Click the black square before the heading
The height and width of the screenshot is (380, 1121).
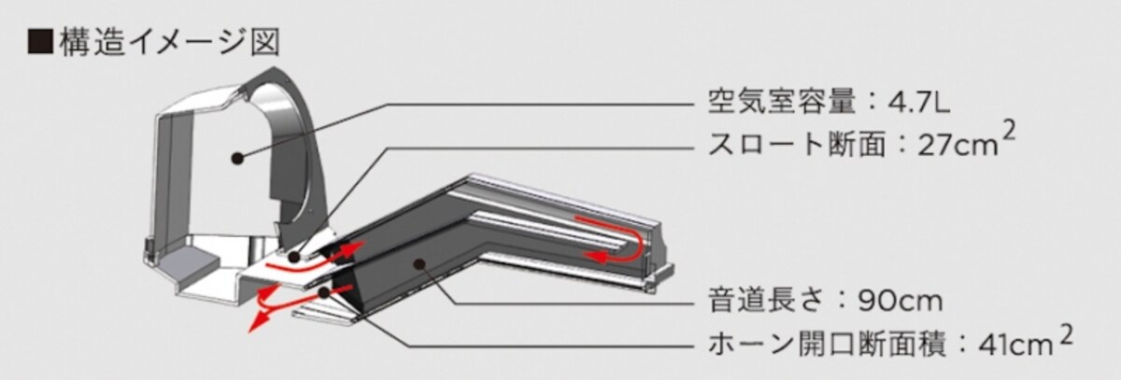39,41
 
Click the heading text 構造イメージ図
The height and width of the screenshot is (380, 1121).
170,41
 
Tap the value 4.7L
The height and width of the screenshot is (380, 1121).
919,104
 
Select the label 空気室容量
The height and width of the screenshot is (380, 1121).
782,104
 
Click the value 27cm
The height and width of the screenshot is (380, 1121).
958,146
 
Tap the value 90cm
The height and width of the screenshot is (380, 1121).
900,301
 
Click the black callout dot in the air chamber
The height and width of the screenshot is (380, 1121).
238,159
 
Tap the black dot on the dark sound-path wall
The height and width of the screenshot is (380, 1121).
419,263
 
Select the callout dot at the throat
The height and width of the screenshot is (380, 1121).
293,257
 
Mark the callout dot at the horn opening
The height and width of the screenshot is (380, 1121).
324,292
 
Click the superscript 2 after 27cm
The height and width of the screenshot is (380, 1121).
1008,133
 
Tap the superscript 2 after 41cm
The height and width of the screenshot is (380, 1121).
1066,336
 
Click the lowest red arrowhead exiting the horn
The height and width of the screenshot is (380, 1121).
256,323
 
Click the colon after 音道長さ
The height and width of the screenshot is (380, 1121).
842,302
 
